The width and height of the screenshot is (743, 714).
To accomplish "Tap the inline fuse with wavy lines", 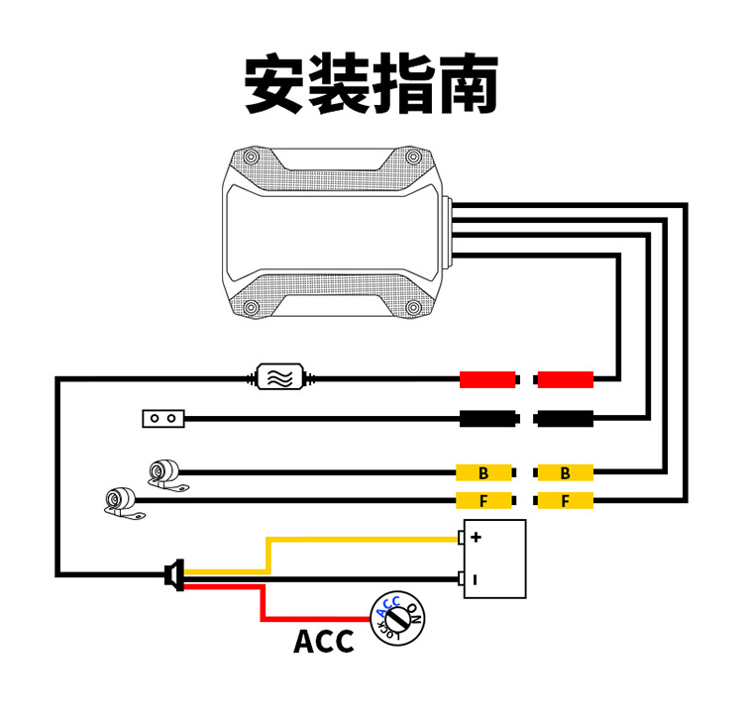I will (x=281, y=377).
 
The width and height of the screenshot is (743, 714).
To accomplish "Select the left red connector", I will (x=488, y=379).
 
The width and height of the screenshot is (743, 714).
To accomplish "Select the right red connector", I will (x=565, y=379).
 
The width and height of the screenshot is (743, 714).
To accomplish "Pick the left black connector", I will (x=488, y=419).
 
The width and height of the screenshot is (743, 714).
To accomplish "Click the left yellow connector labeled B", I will (x=484, y=472).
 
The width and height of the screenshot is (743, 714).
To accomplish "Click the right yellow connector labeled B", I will (x=565, y=472).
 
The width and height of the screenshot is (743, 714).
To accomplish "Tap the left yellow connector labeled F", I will (x=484, y=501).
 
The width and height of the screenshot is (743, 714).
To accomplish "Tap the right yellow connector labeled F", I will (x=565, y=501).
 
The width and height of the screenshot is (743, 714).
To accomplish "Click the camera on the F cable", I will (x=121, y=501).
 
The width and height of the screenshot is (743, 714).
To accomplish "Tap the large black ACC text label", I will (x=323, y=641).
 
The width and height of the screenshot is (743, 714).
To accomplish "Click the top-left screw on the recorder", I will (x=251, y=158).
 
